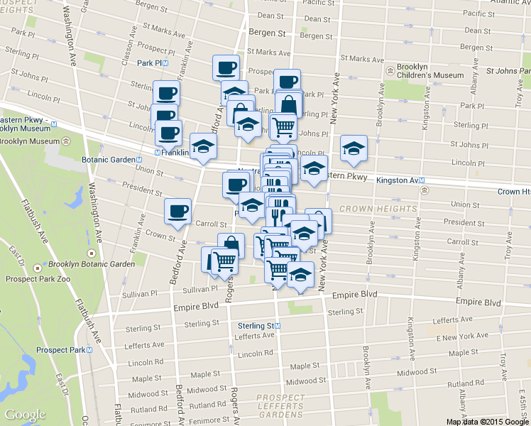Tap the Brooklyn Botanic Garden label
click(92, 264)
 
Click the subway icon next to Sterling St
click(278, 326)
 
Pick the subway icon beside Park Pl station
click(165, 63)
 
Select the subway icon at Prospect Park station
click(91, 350)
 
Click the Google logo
click(25, 415)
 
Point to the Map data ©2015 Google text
click(486, 421)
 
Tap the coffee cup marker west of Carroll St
click(177, 211)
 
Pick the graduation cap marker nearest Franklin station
click(203, 148)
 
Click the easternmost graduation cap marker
click(354, 148)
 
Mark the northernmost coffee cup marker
click(226, 67)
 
